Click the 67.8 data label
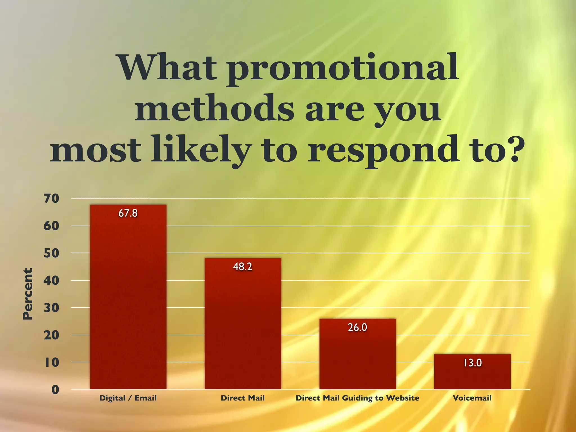[x=128, y=213]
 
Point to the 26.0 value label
[x=357, y=327]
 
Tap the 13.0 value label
[x=472, y=363]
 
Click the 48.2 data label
[x=243, y=267]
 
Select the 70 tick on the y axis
[x=51, y=199]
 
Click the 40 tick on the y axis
[x=51, y=280]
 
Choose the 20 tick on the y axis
[x=51, y=335]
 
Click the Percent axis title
[x=28, y=294]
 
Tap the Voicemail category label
[x=472, y=398]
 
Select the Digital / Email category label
[x=128, y=398]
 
